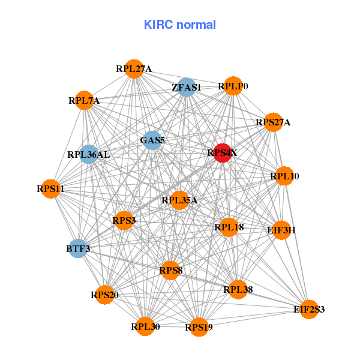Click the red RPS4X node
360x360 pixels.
(x=223, y=153)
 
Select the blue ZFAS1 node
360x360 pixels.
(x=187, y=87)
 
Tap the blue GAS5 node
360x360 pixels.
(x=152, y=140)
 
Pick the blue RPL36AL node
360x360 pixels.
(x=89, y=154)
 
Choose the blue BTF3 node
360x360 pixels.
(x=77, y=248)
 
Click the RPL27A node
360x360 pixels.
(x=134, y=69)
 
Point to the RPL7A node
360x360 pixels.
(x=84, y=100)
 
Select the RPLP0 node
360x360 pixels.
(x=233, y=86)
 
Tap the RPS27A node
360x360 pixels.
(x=273, y=122)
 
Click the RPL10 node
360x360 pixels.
(x=284, y=176)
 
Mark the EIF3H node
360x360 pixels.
(x=281, y=230)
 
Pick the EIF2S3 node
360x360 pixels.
(x=309, y=310)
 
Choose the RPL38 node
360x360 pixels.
(x=238, y=290)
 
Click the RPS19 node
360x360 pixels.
(x=199, y=327)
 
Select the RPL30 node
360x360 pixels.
(x=145, y=326)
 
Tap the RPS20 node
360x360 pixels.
(x=105, y=295)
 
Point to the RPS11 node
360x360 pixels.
(x=50, y=189)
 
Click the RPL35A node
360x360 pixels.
(x=179, y=200)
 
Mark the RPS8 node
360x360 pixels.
(x=171, y=271)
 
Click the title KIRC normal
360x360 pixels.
(x=179, y=25)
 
